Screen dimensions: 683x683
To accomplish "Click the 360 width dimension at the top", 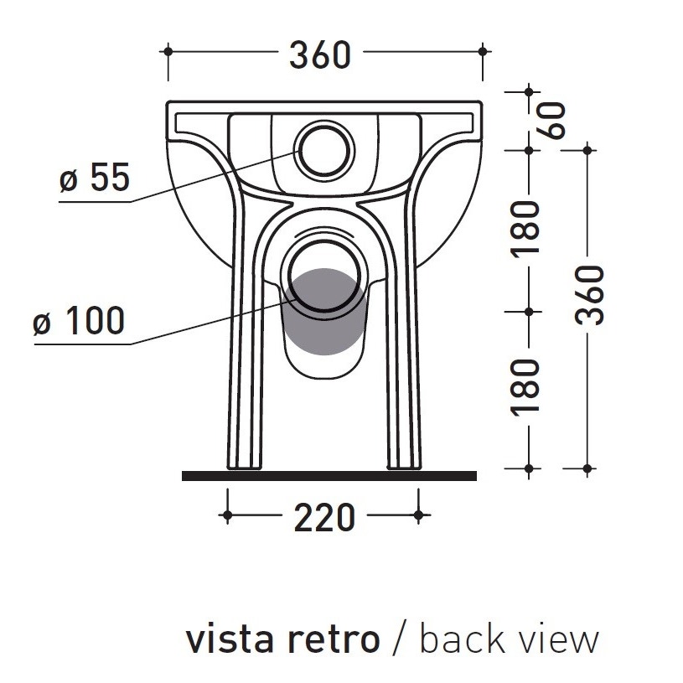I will [319, 56].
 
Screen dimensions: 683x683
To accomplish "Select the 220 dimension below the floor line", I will [323, 519].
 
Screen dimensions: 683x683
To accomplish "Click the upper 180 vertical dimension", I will [527, 230].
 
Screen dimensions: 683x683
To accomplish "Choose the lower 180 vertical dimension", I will [527, 386].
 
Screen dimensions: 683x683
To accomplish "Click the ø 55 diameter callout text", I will [95, 178].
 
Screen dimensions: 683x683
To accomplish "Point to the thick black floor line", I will [329, 476].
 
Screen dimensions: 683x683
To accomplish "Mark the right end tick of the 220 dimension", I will [418, 515].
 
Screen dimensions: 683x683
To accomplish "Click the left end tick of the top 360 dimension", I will [168, 52].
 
